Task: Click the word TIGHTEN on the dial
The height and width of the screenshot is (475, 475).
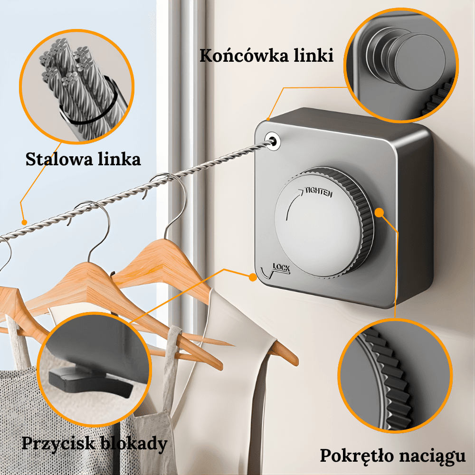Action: pos(319,192)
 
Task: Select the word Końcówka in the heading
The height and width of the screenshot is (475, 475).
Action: pos(244,56)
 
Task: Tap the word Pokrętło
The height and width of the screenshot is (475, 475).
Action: pos(356,456)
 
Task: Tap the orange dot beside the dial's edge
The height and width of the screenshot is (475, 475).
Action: pos(379,212)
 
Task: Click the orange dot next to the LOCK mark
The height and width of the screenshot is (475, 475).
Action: pos(252,277)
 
